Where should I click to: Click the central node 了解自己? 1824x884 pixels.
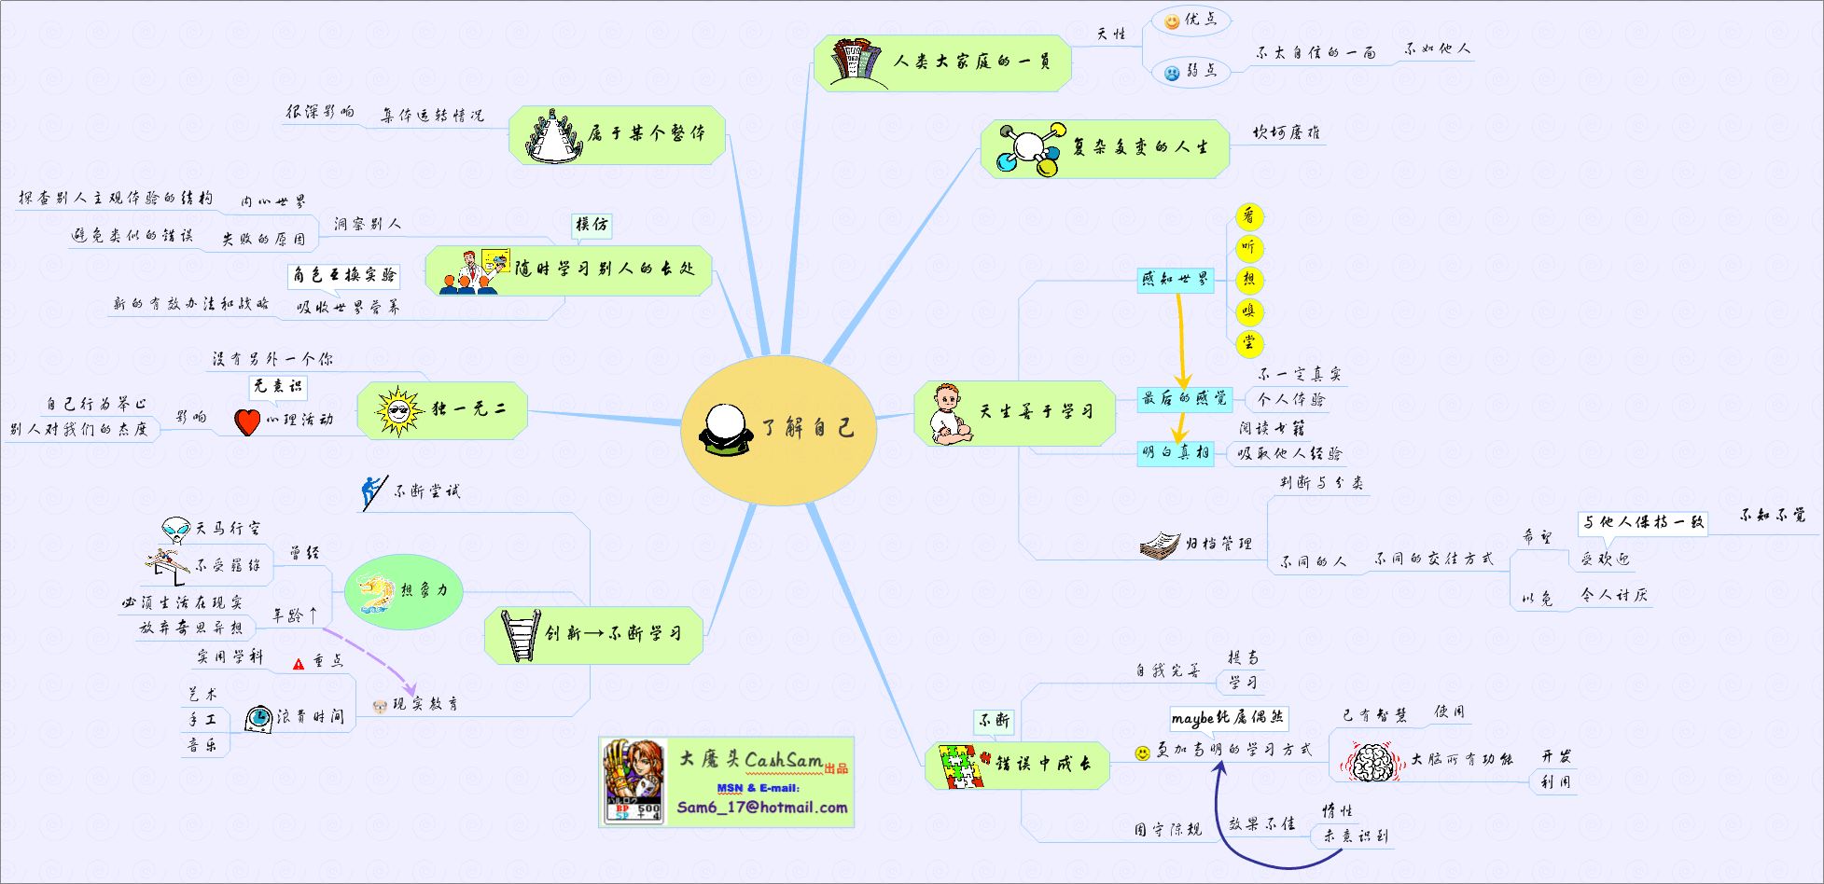(779, 429)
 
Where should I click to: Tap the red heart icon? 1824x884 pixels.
(246, 421)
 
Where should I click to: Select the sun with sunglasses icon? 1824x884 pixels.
(398, 411)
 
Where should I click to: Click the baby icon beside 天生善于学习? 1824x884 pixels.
(949, 413)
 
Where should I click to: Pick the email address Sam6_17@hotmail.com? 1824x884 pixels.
(762, 808)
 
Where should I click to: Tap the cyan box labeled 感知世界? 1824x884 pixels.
(1175, 279)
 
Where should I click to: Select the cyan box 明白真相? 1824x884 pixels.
(1175, 453)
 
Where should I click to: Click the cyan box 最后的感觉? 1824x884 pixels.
(1184, 399)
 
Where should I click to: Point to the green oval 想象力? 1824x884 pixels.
(404, 590)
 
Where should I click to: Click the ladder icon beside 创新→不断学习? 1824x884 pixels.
(519, 634)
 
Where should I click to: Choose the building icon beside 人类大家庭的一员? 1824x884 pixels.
(856, 61)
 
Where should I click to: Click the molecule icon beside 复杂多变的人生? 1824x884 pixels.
(1029, 148)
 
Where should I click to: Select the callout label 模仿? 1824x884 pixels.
(592, 225)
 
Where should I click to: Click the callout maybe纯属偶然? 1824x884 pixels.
(1229, 718)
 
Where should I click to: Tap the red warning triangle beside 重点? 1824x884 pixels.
(299, 664)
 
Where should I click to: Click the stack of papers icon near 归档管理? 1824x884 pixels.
(1160, 545)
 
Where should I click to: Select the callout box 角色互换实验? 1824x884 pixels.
(344, 275)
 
